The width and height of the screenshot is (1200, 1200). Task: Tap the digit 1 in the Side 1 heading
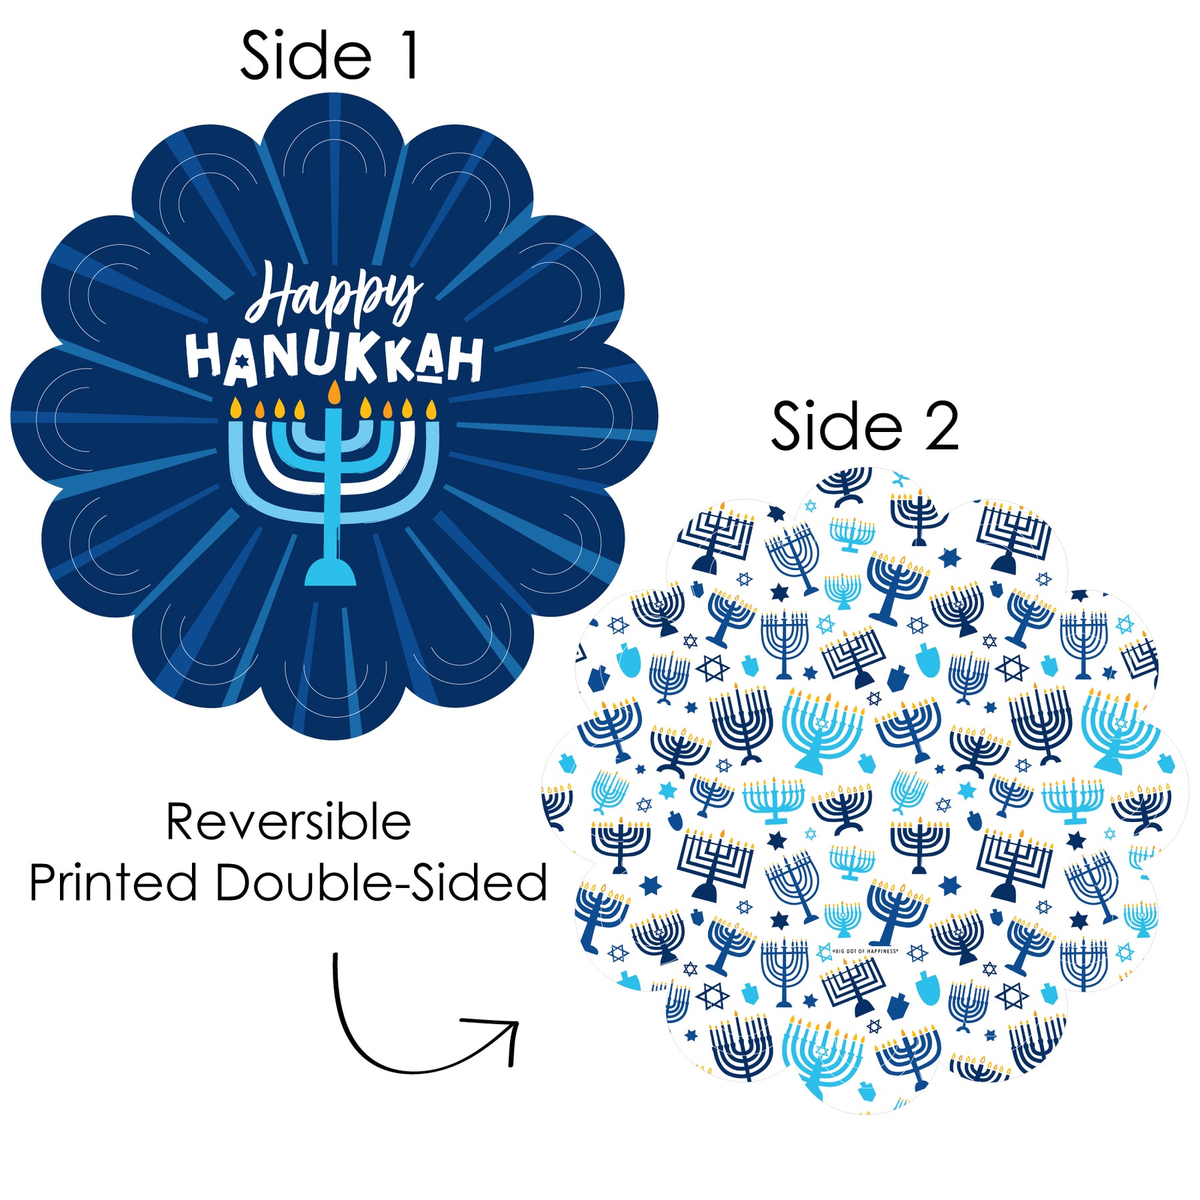click(x=409, y=57)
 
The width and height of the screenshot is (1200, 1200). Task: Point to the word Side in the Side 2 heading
click(x=837, y=427)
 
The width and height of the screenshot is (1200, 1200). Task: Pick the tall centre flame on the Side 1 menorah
click(x=334, y=393)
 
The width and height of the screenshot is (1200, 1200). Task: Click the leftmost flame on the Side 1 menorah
click(x=235, y=407)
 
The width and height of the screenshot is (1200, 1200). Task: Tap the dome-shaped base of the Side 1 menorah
click(x=330, y=573)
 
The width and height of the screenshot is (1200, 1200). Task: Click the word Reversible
click(x=288, y=822)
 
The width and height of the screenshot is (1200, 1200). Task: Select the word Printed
click(x=113, y=882)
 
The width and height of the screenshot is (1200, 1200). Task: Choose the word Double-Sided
click(x=381, y=882)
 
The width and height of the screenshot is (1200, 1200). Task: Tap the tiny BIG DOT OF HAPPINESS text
click(x=865, y=951)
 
